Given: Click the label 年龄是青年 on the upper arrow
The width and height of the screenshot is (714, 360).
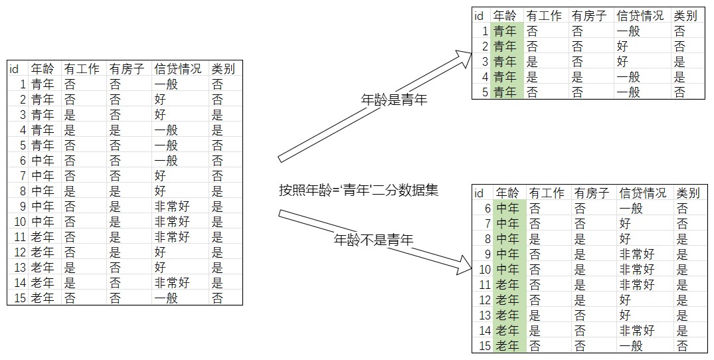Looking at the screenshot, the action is pos(394,100).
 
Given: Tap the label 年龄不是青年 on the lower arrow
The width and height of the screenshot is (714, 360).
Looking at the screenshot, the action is pos(373,239).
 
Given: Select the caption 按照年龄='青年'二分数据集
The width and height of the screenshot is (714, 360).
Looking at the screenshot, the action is pos(359,190).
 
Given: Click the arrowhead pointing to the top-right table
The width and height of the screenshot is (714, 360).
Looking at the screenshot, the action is pos(463,58).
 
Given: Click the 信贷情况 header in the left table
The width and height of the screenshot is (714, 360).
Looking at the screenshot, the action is pos(177,68).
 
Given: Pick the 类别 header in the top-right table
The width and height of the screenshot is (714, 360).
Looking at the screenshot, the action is pos(685,16).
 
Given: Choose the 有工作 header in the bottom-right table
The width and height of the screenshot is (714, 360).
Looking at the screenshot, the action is pos(547,193).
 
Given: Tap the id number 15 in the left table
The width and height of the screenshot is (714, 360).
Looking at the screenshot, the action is pos(20,298).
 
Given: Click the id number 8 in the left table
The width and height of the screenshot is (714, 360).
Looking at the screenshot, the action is pos(23,191).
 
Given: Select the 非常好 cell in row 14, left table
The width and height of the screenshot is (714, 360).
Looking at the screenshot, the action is pos(172,283).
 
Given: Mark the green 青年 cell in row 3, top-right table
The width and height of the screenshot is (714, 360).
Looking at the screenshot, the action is pos(505,62).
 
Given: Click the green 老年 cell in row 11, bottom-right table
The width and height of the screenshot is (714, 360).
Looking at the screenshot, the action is pos(507,285).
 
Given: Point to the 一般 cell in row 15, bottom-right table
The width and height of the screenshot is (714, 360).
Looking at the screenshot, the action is pos(631,346).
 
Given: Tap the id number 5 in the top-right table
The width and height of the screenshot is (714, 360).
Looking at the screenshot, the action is pos(485,92).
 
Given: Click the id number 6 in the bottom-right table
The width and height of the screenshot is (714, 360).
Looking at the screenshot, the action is pos(488,209).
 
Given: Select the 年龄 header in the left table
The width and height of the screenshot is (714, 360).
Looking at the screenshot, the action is pos(43,68).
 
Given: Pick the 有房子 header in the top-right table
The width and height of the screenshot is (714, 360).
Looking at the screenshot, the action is pos(589,16).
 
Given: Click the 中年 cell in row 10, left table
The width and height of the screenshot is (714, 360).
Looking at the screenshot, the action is pos(43,222).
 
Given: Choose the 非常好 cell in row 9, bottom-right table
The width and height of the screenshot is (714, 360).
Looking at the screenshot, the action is pos(637,254).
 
